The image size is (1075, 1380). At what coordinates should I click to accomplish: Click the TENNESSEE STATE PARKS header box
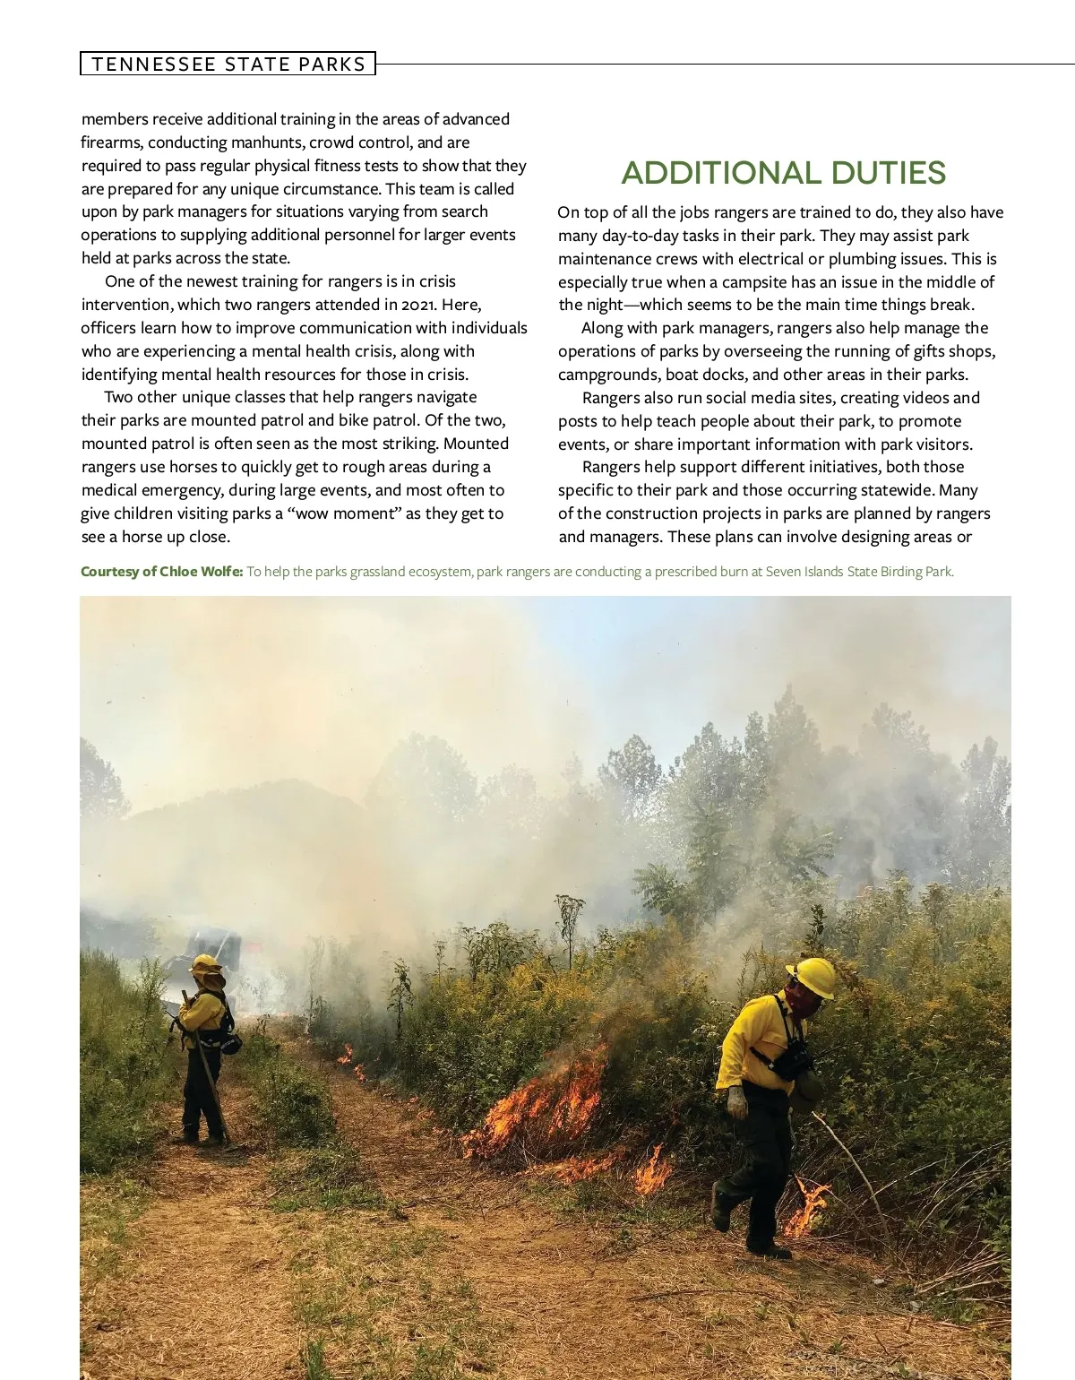tap(228, 64)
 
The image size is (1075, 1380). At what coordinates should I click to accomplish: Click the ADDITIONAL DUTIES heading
tap(783, 173)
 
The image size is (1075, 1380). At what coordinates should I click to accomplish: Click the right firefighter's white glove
tap(737, 1101)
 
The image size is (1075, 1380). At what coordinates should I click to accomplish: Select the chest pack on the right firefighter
tap(792, 1062)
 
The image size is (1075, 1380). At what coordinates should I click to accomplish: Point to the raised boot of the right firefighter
tap(722, 1206)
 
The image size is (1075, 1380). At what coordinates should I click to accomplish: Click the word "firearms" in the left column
tap(112, 142)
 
